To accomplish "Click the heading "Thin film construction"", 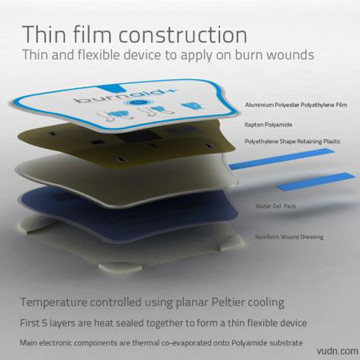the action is pos(134,34).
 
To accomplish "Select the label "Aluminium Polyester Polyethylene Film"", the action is pos(296,105).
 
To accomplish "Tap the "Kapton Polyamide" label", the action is pos(268,125).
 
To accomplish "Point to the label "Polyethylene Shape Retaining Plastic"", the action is pos(293,142).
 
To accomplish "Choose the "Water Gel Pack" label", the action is pos(276,206).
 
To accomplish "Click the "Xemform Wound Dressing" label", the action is pos(289,237).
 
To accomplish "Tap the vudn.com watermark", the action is pos(338,351).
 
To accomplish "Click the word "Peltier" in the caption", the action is pos(228,302).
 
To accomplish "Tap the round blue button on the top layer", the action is pos(138,102).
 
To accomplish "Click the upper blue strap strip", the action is pos(282,159).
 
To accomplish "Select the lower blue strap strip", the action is pos(316,182).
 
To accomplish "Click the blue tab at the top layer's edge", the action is pos(109,88).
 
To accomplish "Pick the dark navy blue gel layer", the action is pos(128,214).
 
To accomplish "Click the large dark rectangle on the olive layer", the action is pos(138,138).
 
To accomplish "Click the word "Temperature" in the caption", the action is pos(54,302).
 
